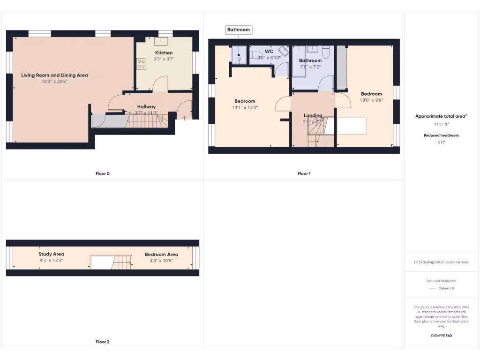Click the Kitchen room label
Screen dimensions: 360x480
pyautogui.click(x=164, y=53)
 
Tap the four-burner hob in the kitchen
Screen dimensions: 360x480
pyautogui.click(x=140, y=64)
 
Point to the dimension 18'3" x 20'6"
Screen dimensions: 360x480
pyautogui.click(x=54, y=82)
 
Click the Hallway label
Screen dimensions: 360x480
pyautogui.click(x=146, y=107)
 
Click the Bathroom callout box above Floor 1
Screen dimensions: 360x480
pyautogui.click(x=239, y=30)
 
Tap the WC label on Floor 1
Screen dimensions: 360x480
pyautogui.click(x=269, y=51)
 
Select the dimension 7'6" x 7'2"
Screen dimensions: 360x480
pyautogui.click(x=310, y=67)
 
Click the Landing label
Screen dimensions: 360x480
pyautogui.click(x=313, y=115)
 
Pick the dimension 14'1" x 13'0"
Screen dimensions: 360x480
pyautogui.click(x=245, y=107)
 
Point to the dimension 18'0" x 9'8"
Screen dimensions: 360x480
pyautogui.click(x=371, y=100)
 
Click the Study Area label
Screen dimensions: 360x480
pyautogui.click(x=51, y=254)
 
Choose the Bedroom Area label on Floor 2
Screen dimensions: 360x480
pyautogui.click(x=161, y=255)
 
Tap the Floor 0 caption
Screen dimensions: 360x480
pyautogui.click(x=102, y=173)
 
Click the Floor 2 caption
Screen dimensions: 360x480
pyautogui.click(x=102, y=342)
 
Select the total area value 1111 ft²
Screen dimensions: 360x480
pyautogui.click(x=441, y=124)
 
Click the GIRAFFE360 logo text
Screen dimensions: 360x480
pyautogui.click(x=441, y=336)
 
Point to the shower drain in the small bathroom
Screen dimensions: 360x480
pyautogui.click(x=239, y=59)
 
